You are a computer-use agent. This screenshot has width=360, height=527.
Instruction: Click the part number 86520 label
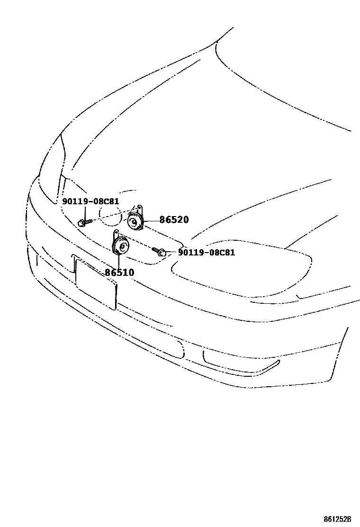click(174, 220)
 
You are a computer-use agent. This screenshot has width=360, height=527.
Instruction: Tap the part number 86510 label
click(119, 273)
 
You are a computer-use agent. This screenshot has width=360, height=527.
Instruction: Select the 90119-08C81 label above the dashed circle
click(90, 201)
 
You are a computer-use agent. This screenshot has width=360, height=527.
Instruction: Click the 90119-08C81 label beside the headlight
click(207, 253)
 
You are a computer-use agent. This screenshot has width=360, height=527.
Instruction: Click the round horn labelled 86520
click(135, 221)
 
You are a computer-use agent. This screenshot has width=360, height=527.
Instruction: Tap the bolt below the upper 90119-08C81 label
click(83, 222)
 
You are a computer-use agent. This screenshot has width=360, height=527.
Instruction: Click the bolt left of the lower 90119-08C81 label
click(160, 252)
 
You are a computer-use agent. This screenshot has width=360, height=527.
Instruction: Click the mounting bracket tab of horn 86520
click(140, 209)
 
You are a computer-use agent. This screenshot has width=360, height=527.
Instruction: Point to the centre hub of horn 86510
click(122, 246)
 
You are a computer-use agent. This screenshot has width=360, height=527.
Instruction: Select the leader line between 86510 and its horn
click(118, 261)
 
